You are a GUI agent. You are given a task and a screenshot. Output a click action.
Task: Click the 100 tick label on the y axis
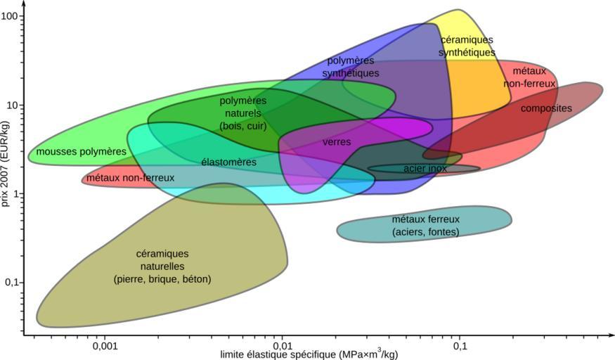point(9,15)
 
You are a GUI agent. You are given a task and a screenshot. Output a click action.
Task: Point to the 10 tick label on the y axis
point(13,105)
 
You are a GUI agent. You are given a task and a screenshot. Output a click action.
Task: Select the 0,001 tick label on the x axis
point(104,347)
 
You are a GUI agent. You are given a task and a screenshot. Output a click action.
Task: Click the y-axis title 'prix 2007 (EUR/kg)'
point(6,163)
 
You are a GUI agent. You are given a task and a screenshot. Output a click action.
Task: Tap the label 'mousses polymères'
point(82,151)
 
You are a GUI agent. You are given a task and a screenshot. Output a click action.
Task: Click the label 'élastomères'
point(228,162)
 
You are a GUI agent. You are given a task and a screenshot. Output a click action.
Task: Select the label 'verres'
point(337,141)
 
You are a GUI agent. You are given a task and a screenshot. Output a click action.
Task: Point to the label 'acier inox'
point(425,169)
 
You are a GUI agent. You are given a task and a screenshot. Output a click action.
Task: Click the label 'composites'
point(546,108)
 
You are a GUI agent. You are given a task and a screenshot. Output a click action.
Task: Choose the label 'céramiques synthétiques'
point(467,46)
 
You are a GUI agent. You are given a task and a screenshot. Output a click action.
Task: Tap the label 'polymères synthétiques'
point(351,67)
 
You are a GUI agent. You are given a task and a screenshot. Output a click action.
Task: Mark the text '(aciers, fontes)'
point(425,231)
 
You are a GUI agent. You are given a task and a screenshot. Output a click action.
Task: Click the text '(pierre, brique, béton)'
point(162,279)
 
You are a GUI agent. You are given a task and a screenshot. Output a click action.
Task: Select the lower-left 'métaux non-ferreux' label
point(130,178)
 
